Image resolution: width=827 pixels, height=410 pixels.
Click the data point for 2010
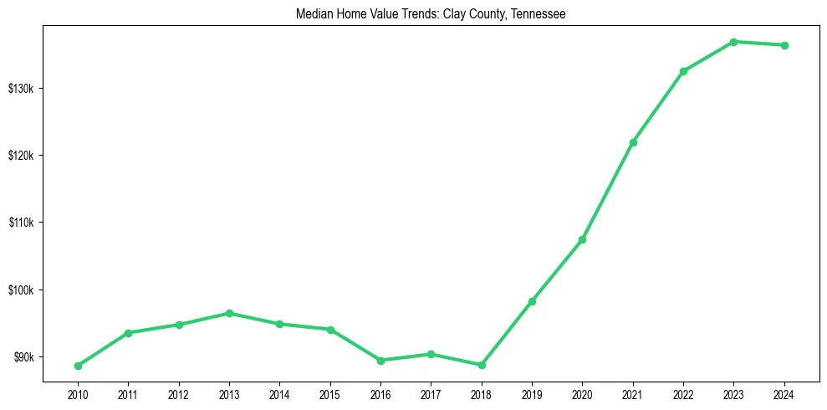tap(78, 366)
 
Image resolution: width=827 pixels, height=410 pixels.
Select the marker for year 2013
tap(229, 313)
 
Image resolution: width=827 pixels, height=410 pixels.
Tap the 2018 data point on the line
tap(482, 365)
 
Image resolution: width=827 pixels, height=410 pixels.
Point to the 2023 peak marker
tap(733, 42)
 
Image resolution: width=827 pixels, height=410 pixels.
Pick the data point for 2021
tap(633, 142)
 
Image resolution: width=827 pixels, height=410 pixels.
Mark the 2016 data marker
tap(380, 361)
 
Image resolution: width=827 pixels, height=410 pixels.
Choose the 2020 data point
tap(582, 240)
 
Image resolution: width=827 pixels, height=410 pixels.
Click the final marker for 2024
tap(784, 45)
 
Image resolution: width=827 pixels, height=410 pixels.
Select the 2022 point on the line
tap(683, 71)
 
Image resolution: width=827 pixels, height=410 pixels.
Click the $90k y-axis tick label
tap(25, 357)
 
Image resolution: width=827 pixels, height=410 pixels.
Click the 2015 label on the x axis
tap(330, 393)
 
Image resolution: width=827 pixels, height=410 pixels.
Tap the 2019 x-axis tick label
tap(532, 393)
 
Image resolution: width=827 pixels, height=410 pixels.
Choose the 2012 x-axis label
tap(179, 393)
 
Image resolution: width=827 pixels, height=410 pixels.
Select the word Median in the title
tap(314, 14)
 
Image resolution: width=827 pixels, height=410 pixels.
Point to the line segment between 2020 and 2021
tap(608, 191)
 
